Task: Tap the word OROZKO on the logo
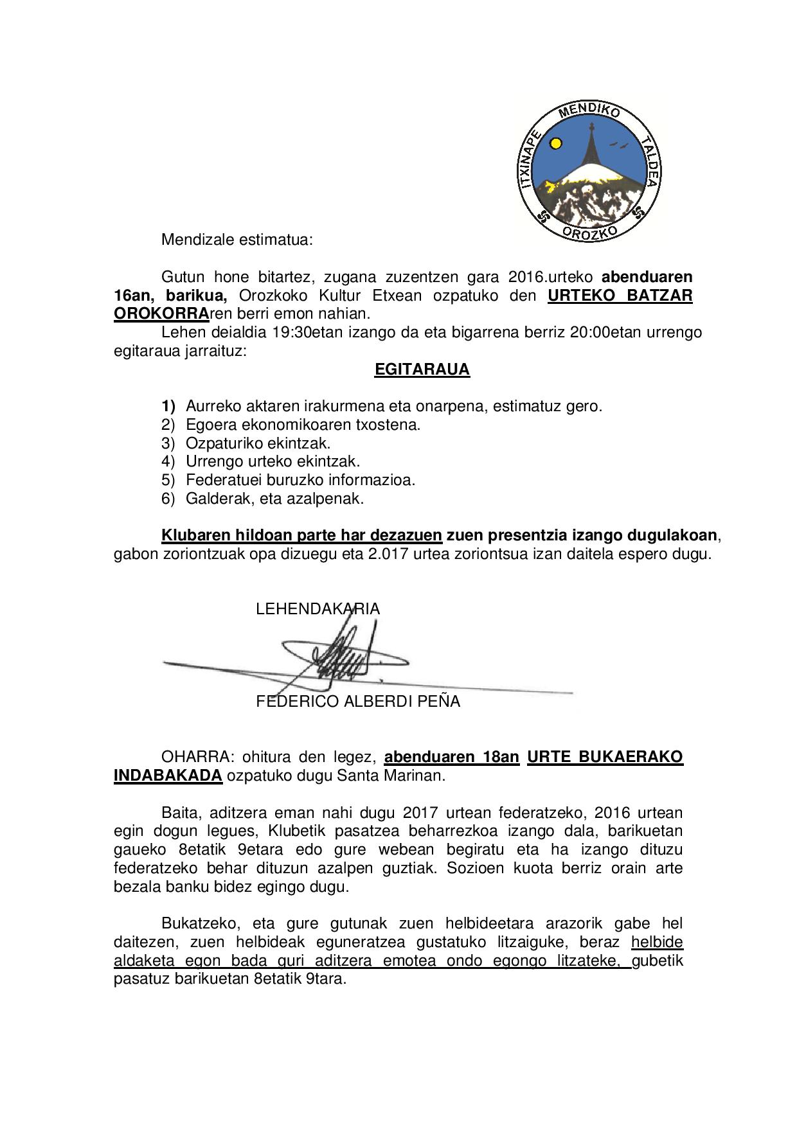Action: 590,231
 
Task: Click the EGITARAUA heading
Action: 422,370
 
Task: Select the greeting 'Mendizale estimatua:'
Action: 237,240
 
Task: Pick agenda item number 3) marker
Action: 168,443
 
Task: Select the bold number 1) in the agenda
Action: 168,406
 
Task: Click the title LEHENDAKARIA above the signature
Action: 318,609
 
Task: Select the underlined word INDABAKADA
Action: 168,776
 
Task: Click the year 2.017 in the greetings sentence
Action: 388,554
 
